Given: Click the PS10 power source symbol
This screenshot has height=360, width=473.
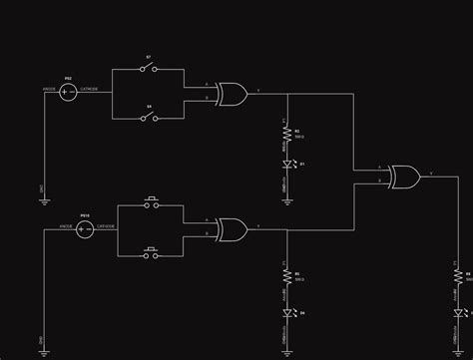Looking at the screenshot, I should [x=85, y=229].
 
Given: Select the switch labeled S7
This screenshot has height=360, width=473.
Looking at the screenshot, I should [x=149, y=70].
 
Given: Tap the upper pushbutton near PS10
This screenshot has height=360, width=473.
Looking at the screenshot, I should [x=152, y=204].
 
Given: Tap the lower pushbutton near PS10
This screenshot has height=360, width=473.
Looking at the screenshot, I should [x=152, y=253].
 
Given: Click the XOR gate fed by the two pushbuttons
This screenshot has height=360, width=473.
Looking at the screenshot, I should [x=232, y=229].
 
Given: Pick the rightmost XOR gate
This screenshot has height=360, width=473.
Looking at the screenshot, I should [x=404, y=178].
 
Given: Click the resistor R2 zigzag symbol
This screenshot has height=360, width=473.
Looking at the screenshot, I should [x=287, y=133].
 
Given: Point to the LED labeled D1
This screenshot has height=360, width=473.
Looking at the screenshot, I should [x=287, y=163].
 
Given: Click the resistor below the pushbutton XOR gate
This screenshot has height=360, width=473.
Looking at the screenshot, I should [x=287, y=275].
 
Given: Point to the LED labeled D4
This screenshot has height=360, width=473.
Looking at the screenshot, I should [x=287, y=312].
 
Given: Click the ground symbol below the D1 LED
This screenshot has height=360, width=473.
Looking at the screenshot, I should [x=287, y=198].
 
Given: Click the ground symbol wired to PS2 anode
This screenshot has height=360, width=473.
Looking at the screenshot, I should [x=42, y=198].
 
